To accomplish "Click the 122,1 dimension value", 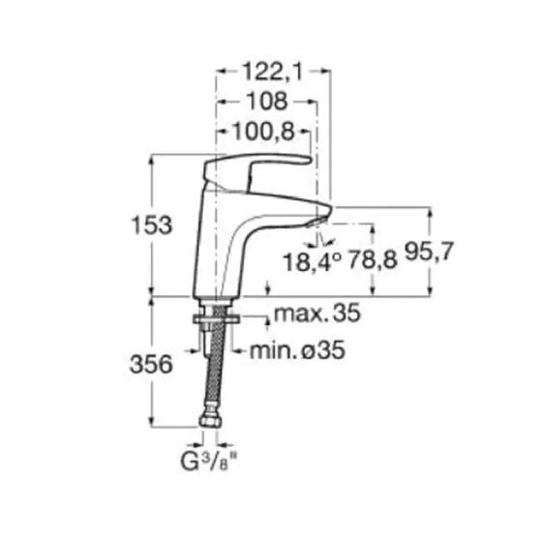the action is [x=272, y=73].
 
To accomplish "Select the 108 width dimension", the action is [x=266, y=102].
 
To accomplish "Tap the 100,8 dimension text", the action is [x=263, y=132].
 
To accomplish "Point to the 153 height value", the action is [x=152, y=226].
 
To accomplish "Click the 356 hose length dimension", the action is [x=151, y=364].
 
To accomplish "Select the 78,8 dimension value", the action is [x=373, y=259].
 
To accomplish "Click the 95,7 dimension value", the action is [x=429, y=252].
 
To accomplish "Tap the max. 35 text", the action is [x=317, y=314].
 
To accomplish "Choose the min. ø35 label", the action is [x=297, y=350].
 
